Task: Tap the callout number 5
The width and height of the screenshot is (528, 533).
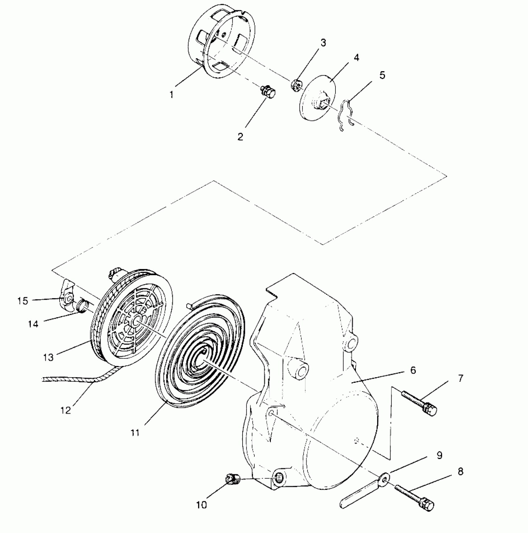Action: pyautogui.click(x=382, y=75)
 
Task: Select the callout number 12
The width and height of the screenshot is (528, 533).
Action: pyautogui.click(x=66, y=410)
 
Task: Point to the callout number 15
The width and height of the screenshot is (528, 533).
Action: pyautogui.click(x=23, y=301)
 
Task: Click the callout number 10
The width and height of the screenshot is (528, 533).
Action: pyautogui.click(x=201, y=505)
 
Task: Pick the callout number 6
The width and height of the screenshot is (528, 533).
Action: pyautogui.click(x=413, y=371)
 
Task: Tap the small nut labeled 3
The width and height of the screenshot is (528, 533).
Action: pyautogui.click(x=296, y=85)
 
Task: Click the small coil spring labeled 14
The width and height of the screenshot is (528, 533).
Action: pyautogui.click(x=83, y=305)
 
